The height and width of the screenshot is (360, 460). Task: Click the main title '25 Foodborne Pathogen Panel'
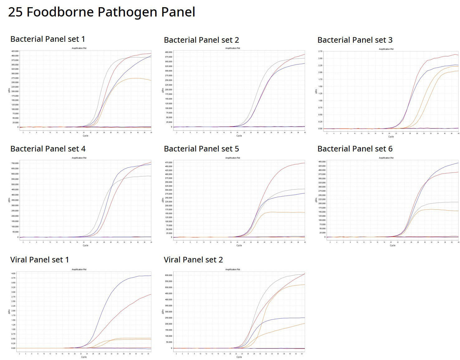click(x=102, y=12)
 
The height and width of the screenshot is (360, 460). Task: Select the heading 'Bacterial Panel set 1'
click(x=48, y=39)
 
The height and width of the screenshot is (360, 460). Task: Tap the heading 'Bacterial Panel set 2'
click(x=201, y=40)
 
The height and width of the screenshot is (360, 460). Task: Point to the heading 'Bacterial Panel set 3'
click(x=355, y=40)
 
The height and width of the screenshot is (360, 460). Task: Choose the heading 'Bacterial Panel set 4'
click(x=48, y=149)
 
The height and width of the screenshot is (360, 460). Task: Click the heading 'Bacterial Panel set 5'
click(x=201, y=149)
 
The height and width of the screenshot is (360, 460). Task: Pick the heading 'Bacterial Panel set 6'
click(x=355, y=149)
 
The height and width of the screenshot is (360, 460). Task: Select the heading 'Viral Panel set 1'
click(x=40, y=260)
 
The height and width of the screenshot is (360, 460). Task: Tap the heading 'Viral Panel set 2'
click(x=193, y=260)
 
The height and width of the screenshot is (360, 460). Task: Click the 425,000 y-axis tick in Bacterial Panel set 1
click(x=15, y=51)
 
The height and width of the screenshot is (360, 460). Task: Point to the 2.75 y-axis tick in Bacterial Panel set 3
click(x=320, y=51)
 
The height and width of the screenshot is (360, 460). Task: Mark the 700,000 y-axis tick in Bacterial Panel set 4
click(x=15, y=163)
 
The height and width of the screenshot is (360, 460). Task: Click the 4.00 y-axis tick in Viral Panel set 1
click(x=13, y=274)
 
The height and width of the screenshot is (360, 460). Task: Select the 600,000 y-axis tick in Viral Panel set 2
click(x=169, y=275)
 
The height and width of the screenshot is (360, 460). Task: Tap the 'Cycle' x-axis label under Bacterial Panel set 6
click(x=392, y=246)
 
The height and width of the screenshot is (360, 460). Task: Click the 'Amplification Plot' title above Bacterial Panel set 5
click(x=232, y=158)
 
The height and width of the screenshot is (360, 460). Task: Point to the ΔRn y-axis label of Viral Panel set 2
click(x=163, y=312)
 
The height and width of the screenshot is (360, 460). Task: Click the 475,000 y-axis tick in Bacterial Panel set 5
click(x=169, y=162)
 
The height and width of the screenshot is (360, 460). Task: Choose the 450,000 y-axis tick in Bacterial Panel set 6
click(x=322, y=162)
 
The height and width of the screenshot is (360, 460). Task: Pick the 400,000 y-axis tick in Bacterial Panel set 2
click(x=169, y=52)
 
